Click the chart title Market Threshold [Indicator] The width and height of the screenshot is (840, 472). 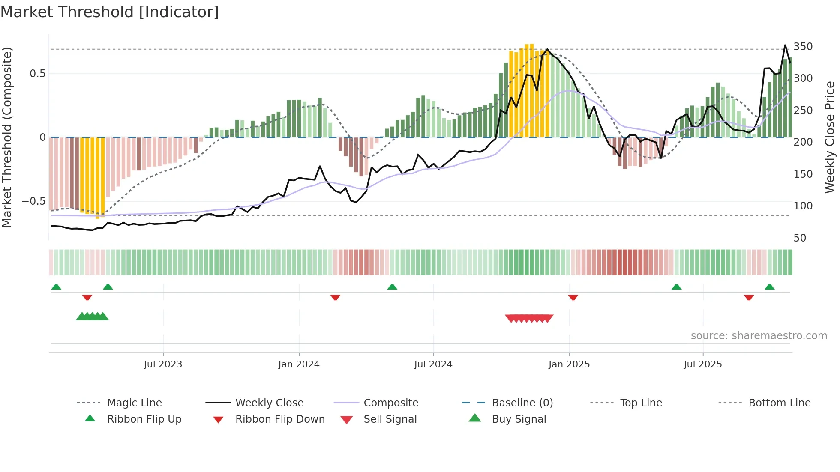coord(110,12)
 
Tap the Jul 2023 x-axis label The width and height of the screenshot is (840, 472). coord(163,364)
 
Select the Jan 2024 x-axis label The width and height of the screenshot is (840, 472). coord(299,364)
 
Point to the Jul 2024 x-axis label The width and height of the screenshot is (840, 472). coord(433,364)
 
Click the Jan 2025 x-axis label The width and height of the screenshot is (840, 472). coord(569,364)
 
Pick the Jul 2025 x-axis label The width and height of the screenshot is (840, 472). coord(702,364)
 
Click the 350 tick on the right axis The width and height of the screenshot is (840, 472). coord(803,47)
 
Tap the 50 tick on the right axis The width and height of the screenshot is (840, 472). coord(800,238)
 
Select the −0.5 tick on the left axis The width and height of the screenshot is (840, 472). coord(33,201)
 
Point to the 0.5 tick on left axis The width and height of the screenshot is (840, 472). coord(38,74)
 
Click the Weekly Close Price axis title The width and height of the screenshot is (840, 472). coord(830,137)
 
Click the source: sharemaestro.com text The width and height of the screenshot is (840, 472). coord(759,336)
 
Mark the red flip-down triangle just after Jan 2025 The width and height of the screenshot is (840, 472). coord(573,297)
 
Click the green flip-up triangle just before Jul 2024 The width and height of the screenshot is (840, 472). coord(392,287)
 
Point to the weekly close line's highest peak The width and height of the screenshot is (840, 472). coord(785,45)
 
